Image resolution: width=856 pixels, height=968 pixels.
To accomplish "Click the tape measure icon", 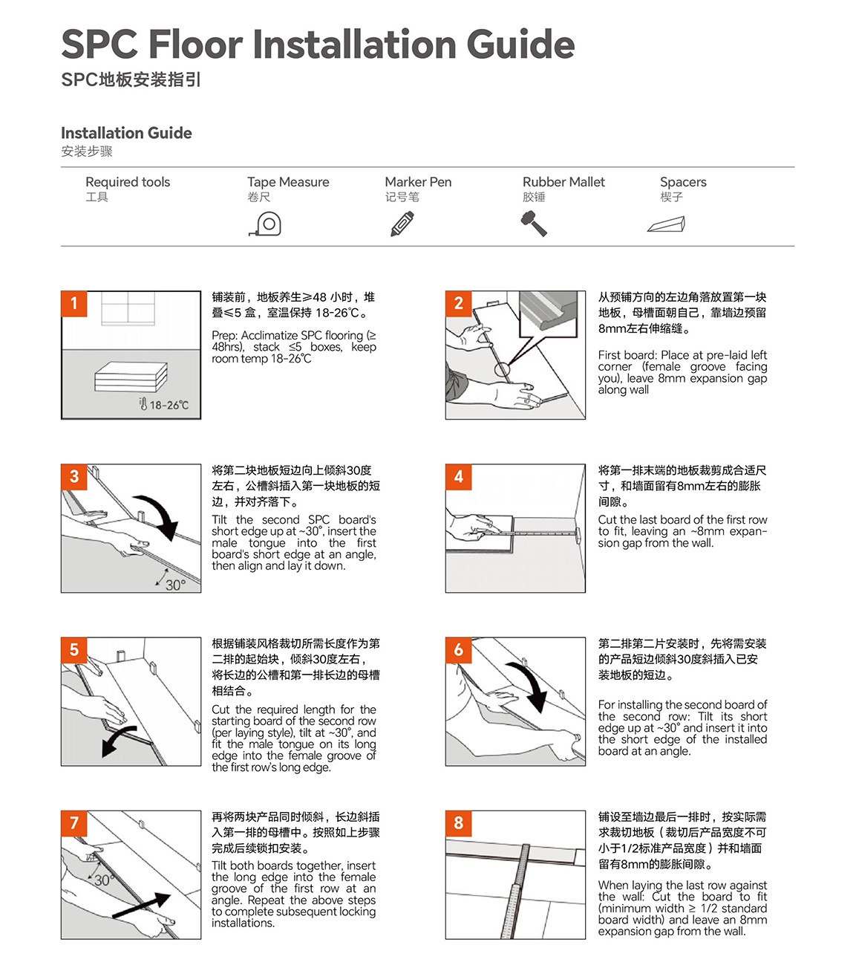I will coord(265,224).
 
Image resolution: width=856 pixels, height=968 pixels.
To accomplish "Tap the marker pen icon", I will coord(402,224).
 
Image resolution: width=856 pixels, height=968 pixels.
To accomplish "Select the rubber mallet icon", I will coord(534,224).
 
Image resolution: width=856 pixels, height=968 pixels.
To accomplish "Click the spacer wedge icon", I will coord(666,224).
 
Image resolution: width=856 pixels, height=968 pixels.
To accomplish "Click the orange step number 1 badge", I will coord(74,303).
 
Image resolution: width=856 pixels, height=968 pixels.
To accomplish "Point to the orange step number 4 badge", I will coord(458,476).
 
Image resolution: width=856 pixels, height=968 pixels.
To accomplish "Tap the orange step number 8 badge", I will coord(458,822).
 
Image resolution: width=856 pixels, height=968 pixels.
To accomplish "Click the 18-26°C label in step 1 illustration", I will coord(165,405).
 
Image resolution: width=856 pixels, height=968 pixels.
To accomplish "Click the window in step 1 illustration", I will coord(128,308).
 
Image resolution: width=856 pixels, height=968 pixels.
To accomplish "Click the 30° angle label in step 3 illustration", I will coord(174,585).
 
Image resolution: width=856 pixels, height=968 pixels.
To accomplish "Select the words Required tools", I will coord(128,182).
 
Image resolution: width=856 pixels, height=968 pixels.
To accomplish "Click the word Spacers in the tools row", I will coord(683,182).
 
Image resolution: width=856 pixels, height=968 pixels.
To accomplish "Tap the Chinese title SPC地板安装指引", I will coord(131,79).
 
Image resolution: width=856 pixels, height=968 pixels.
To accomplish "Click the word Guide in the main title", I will coord(520,45).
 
